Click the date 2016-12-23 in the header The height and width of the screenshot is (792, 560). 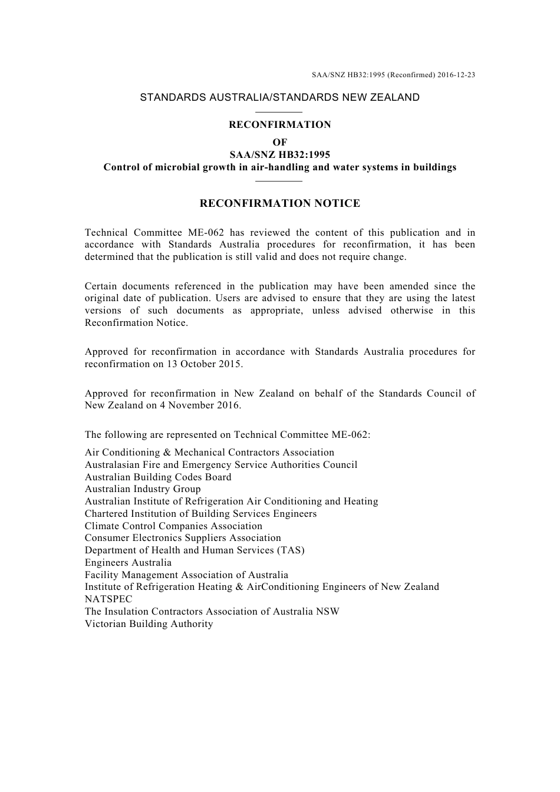[x=456, y=75]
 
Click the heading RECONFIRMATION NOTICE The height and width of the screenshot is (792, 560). [x=279, y=204]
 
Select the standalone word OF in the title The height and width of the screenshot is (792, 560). [x=279, y=142]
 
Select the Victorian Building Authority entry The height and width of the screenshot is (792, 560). [x=149, y=624]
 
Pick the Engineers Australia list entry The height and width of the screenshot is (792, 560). [x=128, y=563]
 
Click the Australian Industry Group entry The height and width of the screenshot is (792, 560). [x=143, y=489]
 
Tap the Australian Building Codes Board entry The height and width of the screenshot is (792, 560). [x=158, y=477]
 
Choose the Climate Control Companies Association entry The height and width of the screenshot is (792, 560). [x=173, y=526]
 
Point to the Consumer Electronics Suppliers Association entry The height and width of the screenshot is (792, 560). [x=183, y=538]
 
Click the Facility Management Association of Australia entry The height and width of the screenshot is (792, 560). [x=186, y=575]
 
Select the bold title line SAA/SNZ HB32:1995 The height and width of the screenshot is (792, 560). [x=279, y=155]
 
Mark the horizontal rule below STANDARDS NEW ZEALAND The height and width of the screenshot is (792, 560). [x=279, y=111]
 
